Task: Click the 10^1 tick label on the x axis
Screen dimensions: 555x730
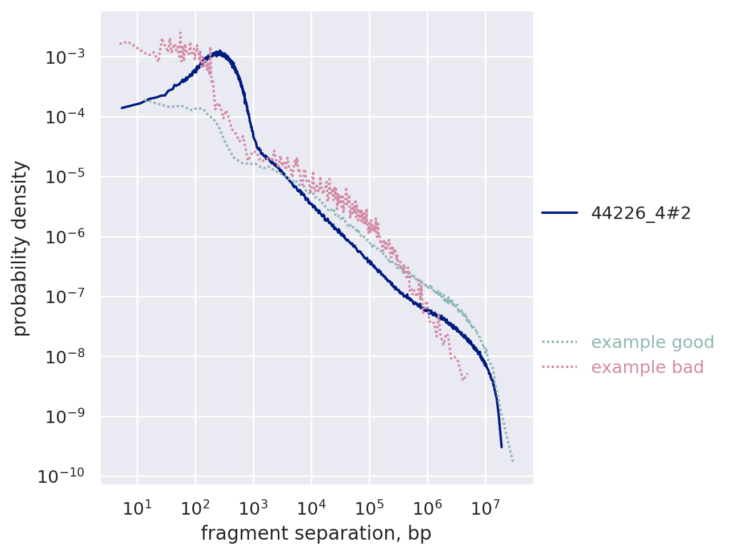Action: (x=137, y=508)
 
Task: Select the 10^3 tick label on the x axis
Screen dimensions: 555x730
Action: (x=253, y=508)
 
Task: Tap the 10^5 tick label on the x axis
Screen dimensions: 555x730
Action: (x=369, y=508)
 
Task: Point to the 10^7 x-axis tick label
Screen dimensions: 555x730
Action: (x=485, y=508)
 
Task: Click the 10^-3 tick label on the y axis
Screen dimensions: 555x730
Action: (x=62, y=57)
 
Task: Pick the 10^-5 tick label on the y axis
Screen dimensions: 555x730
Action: (x=62, y=177)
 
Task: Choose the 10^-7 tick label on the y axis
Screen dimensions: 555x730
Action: (x=62, y=297)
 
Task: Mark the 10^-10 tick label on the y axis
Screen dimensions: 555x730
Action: (x=60, y=477)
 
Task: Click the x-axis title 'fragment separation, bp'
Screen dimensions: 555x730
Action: (x=316, y=533)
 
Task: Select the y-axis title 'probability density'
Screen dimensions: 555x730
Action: (x=20, y=248)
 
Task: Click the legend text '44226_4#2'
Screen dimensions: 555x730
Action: (x=641, y=213)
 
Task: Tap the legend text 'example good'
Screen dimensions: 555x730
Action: (x=653, y=342)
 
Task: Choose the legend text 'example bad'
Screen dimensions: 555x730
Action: (x=647, y=367)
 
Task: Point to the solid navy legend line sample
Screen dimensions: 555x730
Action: (x=559, y=213)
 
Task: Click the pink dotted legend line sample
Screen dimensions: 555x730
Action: (x=559, y=367)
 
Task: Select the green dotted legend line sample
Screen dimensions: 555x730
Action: (x=559, y=342)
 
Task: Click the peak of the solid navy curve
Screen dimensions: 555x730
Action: (x=220, y=51)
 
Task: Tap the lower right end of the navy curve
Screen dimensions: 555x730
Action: (x=501, y=447)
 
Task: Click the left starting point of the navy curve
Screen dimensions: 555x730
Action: (x=122, y=107)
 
